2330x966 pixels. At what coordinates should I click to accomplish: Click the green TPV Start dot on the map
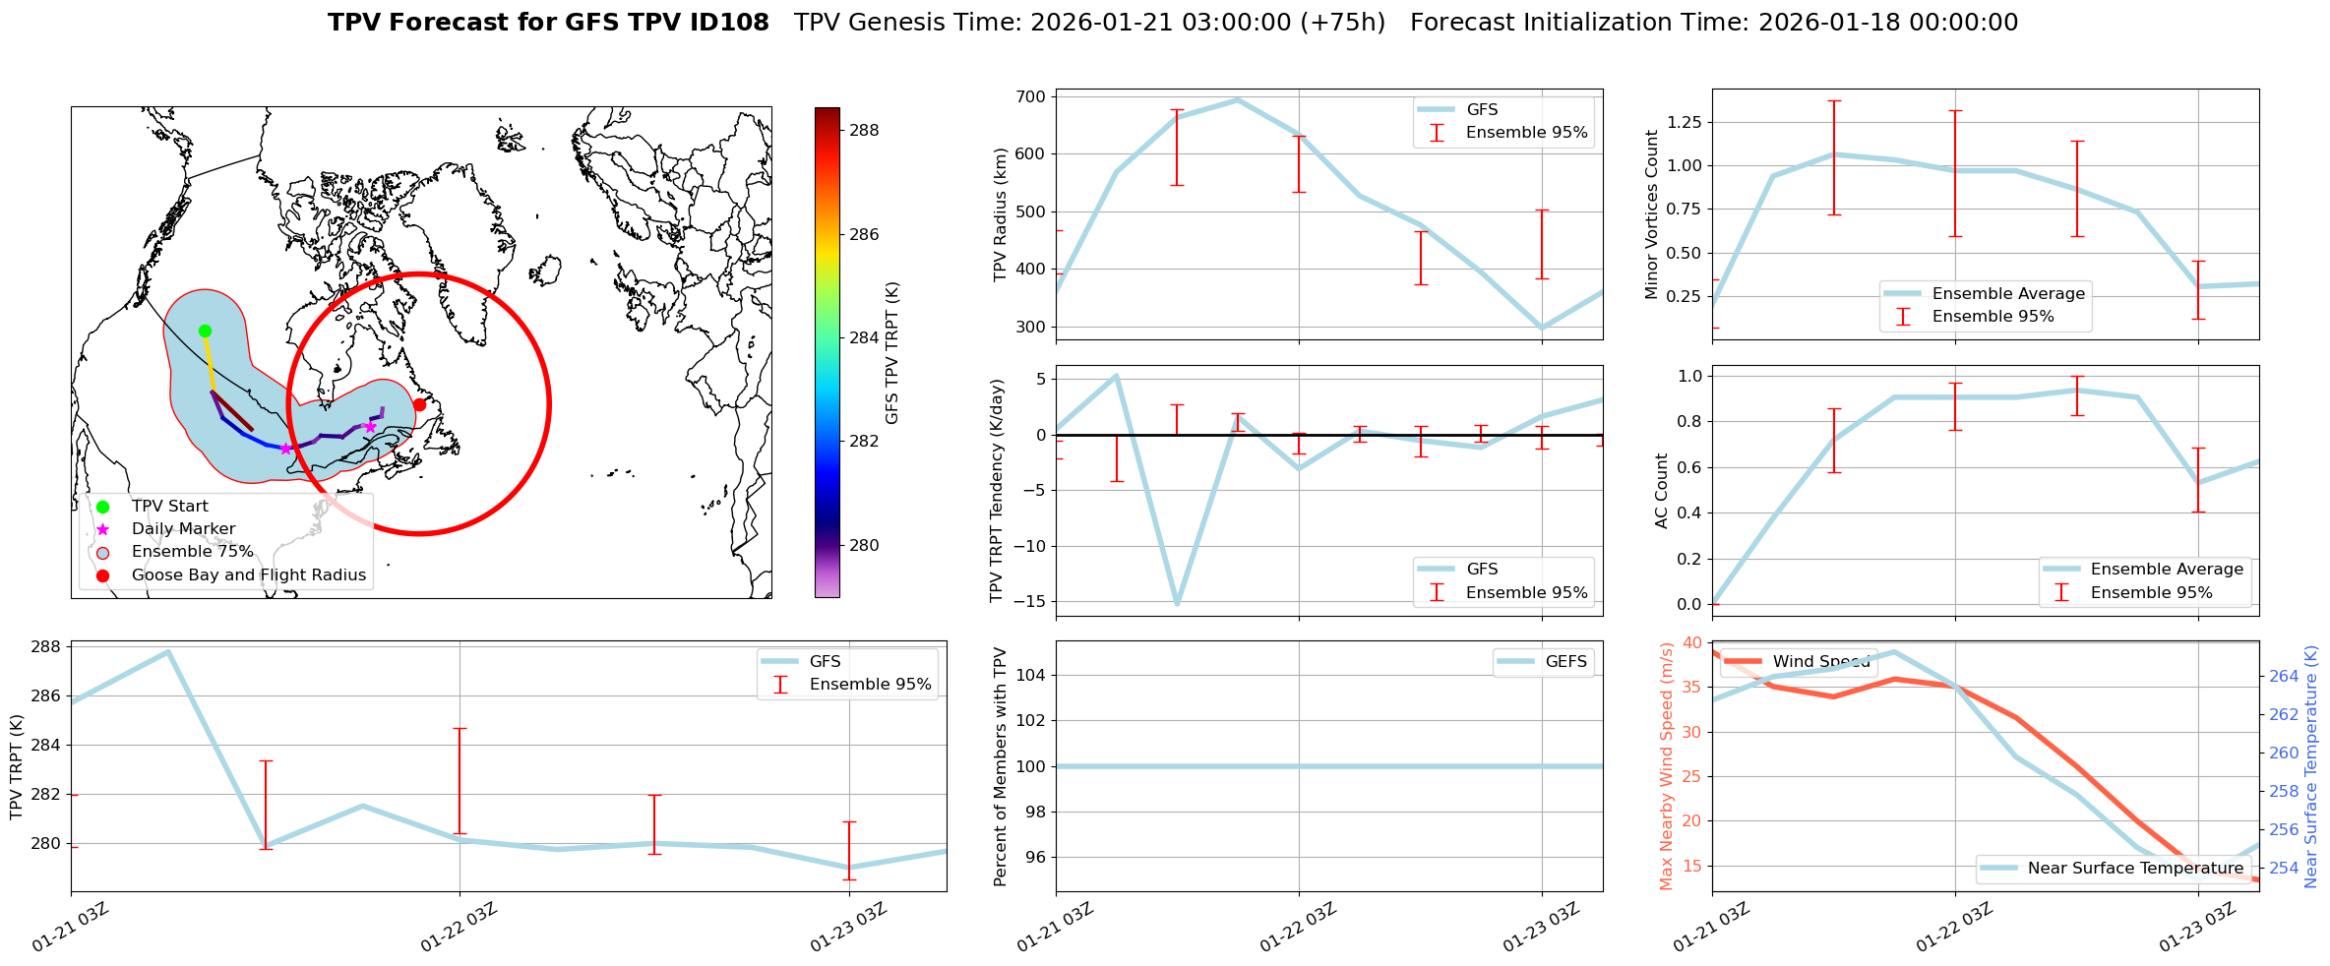coord(205,331)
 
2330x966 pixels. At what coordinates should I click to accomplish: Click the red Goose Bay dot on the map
coord(419,404)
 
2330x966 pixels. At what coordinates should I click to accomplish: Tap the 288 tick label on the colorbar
coord(865,130)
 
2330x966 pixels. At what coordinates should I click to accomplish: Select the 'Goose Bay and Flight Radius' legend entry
coord(248,574)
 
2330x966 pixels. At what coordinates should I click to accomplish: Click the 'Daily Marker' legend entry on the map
coord(183,528)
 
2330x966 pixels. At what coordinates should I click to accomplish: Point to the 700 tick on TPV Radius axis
coord(1031,96)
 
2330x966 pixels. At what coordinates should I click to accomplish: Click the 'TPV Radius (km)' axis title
coord(1001,214)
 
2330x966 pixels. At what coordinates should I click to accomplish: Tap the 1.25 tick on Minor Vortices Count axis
coord(1685,122)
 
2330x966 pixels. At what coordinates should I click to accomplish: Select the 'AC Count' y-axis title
coord(1662,490)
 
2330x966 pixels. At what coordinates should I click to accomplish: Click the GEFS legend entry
coord(1565,661)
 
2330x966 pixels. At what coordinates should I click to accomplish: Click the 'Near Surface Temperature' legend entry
coord(2135,868)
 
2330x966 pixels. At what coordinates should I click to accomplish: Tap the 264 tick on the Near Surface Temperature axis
coord(2284,676)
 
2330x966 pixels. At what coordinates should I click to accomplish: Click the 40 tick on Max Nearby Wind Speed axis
coord(1692,642)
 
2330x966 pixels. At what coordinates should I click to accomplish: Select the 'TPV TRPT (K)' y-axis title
coord(16,767)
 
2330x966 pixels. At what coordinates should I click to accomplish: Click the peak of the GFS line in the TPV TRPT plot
coord(168,651)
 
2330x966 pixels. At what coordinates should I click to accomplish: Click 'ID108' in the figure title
coord(727,23)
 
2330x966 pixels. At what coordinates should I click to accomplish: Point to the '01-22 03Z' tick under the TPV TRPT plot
coord(460,928)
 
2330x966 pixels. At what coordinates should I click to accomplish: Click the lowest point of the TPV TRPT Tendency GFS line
coord(1177,603)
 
